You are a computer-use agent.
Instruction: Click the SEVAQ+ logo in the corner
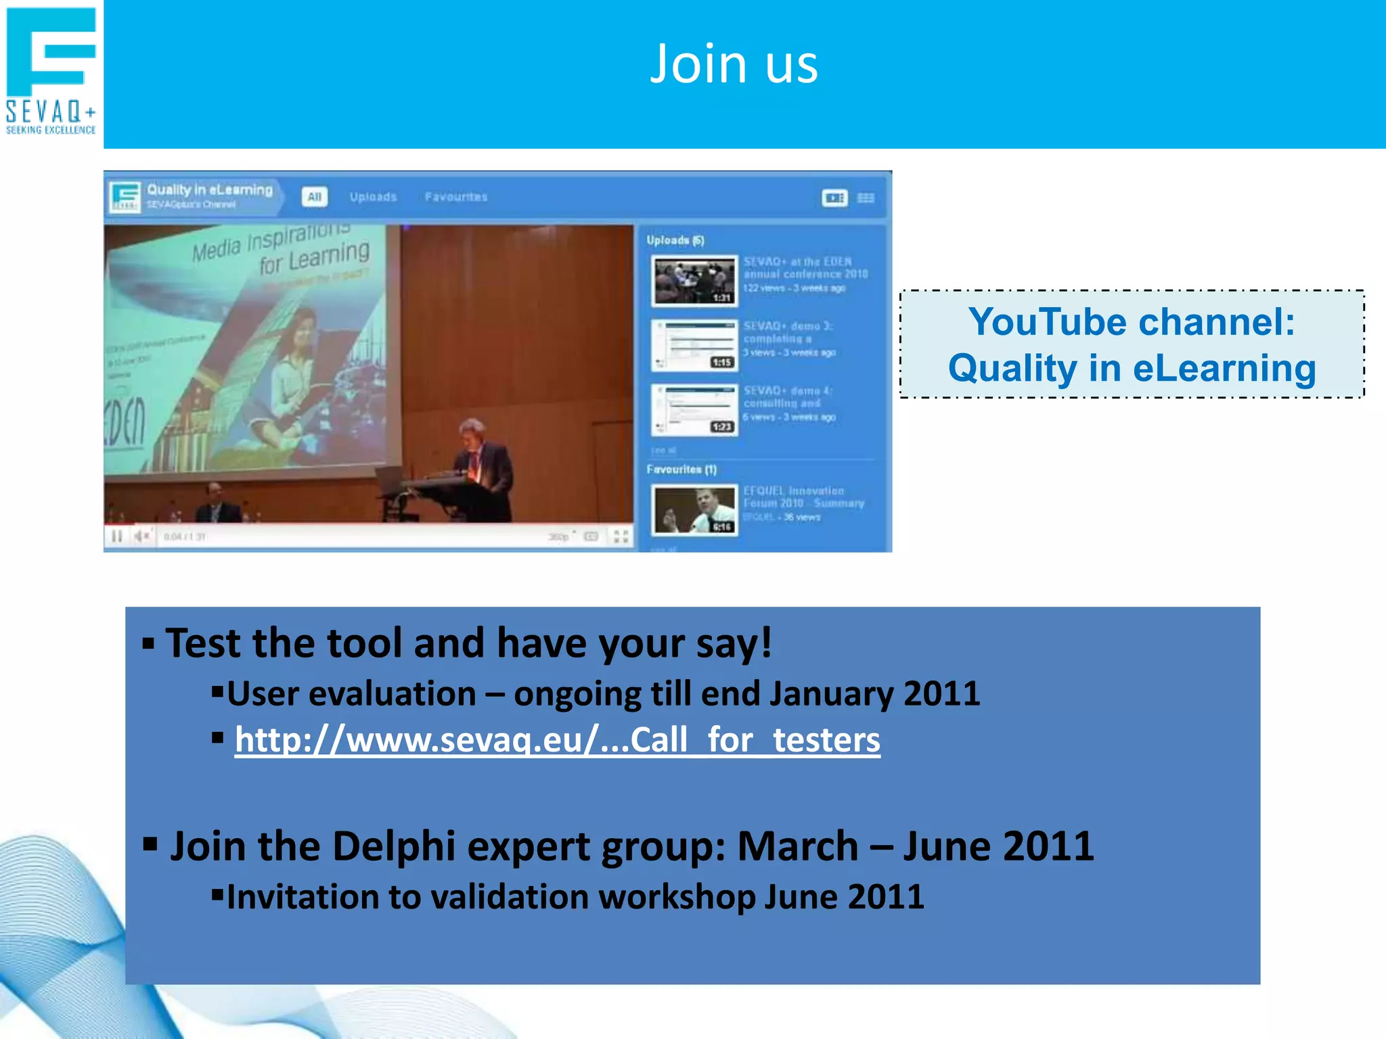click(x=51, y=71)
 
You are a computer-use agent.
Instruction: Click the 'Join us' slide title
click(x=734, y=64)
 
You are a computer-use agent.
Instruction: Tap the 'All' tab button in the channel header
click(x=314, y=197)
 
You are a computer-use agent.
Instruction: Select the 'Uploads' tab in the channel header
click(x=373, y=197)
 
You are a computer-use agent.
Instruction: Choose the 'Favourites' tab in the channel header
click(x=456, y=197)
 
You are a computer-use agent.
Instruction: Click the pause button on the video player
click(x=117, y=536)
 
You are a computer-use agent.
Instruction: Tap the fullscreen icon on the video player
click(x=621, y=536)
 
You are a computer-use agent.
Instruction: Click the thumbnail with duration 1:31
click(x=694, y=281)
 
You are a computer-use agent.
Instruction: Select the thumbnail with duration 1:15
click(x=694, y=346)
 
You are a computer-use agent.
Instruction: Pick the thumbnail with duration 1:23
click(x=694, y=410)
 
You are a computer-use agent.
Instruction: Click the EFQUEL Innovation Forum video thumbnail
click(x=694, y=509)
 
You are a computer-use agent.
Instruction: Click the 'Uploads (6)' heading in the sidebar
click(x=675, y=240)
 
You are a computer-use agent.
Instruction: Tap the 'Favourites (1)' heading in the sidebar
click(x=681, y=469)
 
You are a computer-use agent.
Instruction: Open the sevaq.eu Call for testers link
click(x=557, y=739)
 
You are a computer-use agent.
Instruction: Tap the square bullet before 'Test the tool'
click(x=148, y=643)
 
